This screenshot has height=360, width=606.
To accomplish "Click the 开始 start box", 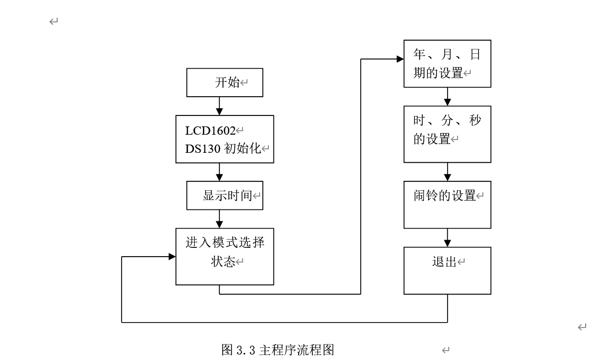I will click(224, 82).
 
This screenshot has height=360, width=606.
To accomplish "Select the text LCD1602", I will click(210, 131).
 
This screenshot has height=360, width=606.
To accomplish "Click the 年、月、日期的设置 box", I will click(447, 64).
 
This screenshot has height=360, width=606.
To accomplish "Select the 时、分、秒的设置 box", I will click(447, 130).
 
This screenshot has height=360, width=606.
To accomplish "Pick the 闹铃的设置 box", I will click(447, 204).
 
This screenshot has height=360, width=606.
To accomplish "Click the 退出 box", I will click(447, 270).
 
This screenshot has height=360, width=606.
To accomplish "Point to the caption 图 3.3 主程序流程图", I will click(278, 350).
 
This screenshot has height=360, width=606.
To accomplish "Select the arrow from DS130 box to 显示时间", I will click(219, 172).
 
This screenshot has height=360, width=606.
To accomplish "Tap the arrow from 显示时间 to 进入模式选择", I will click(219, 219).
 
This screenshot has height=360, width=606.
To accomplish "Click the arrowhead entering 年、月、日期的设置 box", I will click(399, 58).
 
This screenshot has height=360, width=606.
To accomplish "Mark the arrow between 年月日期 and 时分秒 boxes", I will click(447, 97).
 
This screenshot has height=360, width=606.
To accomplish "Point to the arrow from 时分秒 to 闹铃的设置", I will click(447, 172).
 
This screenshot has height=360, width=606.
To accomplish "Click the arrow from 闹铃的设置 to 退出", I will click(447, 238).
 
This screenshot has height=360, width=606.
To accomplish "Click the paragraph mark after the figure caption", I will click(445, 350).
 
